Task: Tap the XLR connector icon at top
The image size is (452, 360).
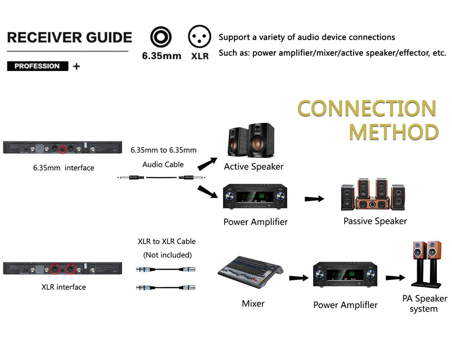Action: click(x=200, y=37)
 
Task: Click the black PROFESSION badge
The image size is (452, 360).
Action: click(x=37, y=66)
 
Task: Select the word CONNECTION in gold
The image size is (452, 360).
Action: click(x=367, y=108)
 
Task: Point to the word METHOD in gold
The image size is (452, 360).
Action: click(x=393, y=132)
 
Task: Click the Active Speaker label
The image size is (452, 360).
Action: click(x=254, y=166)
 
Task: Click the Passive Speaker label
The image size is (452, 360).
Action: click(x=375, y=221)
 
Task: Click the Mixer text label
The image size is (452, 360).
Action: click(x=253, y=303)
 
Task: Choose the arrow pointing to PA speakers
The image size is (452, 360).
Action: click(x=395, y=278)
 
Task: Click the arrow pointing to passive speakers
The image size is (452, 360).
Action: click(x=315, y=198)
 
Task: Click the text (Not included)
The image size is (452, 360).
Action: click(x=167, y=255)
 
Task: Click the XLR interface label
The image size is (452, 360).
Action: click(x=64, y=286)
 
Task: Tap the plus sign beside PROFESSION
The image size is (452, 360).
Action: click(x=76, y=66)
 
